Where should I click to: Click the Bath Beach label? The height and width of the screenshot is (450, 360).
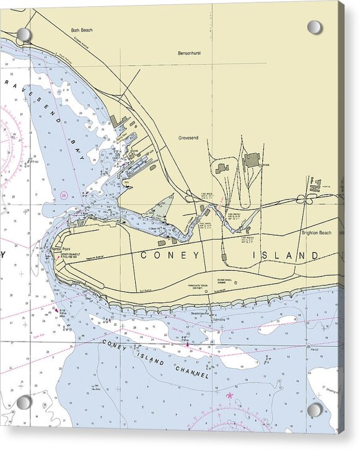point(81,29)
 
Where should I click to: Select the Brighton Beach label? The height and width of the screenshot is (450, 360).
point(318,233)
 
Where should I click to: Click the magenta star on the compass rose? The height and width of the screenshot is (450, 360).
point(230,395)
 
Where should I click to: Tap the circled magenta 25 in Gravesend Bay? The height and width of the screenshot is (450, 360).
point(64,195)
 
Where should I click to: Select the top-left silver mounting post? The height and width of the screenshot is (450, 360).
point(24,35)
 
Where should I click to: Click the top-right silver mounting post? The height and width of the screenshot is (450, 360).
point(315,27)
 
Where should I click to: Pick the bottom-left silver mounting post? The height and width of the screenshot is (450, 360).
point(24,403)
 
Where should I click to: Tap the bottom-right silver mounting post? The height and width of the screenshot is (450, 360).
point(315,410)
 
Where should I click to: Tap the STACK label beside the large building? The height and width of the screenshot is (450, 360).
point(266,165)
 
